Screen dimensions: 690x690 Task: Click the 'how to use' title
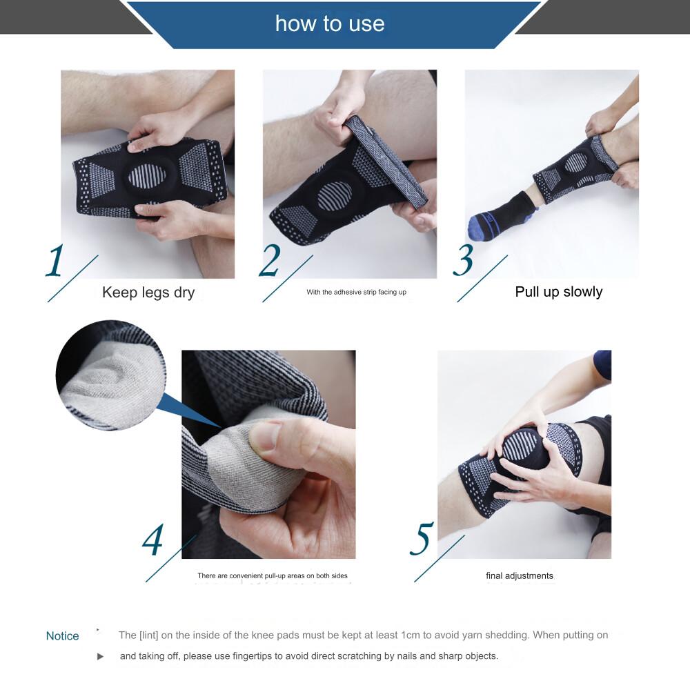point(330,23)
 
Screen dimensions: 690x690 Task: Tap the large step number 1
point(55,261)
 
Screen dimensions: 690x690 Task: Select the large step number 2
point(269,261)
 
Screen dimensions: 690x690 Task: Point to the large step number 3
point(464,261)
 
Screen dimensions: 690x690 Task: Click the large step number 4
point(152,540)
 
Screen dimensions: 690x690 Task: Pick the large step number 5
point(422,539)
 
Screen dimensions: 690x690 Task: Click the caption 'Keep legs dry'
point(148,293)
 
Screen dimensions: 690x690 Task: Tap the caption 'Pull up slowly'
point(558,292)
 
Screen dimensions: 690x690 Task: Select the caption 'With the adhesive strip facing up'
point(357,292)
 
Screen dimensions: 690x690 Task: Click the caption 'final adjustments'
point(520,575)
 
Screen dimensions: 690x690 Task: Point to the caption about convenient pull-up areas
point(273,575)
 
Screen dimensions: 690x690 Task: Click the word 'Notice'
point(63,636)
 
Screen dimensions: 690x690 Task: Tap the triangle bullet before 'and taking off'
point(100,657)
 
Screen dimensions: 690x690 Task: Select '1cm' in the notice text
point(411,635)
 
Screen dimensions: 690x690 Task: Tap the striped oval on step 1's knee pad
point(147,176)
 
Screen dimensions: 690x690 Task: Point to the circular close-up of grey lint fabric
point(111,375)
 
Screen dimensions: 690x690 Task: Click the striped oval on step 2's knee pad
point(335,196)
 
